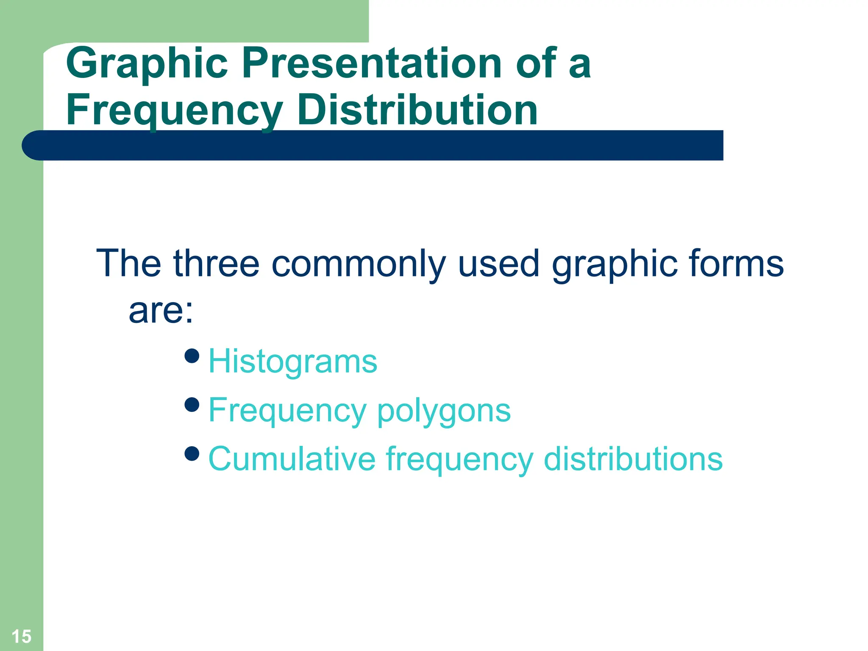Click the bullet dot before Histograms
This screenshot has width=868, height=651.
point(192,356)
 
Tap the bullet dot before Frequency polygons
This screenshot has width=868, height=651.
point(192,404)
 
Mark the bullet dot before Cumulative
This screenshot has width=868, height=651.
point(192,453)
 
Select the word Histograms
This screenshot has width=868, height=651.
point(293,362)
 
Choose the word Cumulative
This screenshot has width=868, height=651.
point(292,459)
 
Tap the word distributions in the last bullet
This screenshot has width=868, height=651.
point(633,459)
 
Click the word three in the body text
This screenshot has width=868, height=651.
point(216,263)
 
